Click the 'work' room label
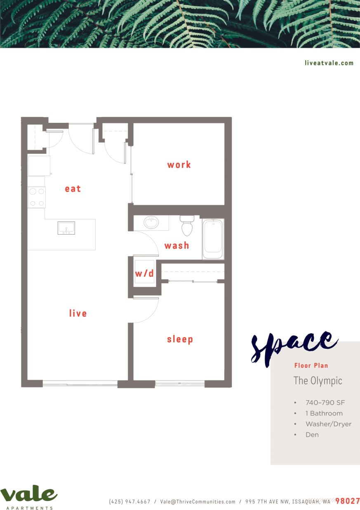click(179, 165)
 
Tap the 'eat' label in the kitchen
click(73, 188)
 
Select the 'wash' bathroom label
click(176, 245)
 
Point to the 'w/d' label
click(144, 273)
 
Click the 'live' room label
click(78, 313)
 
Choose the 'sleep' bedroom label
click(180, 339)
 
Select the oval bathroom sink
click(151, 223)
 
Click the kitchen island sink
click(66, 228)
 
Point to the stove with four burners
click(36, 197)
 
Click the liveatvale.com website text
click(329, 63)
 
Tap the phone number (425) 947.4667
click(129, 502)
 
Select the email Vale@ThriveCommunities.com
click(198, 502)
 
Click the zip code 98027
click(347, 501)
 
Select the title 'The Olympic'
click(318, 381)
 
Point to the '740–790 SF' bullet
click(325, 403)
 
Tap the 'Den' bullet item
click(312, 435)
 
